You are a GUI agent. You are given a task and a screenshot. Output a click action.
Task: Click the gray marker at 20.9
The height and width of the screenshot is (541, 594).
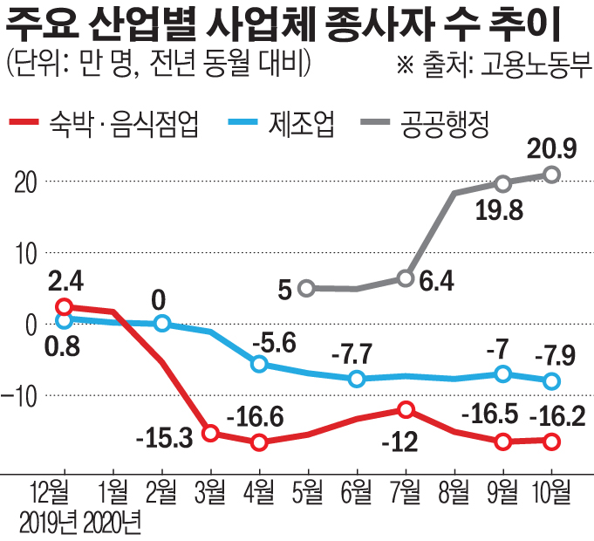coord(551,175)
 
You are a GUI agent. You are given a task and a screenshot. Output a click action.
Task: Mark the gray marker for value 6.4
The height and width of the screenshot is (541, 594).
coord(405,278)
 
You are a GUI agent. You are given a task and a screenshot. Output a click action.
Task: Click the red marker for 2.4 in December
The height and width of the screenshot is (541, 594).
coord(63,306)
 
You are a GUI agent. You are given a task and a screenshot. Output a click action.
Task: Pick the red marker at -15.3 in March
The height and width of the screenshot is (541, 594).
coord(209,433)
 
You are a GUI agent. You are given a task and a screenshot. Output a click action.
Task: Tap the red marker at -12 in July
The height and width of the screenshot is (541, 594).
coord(405,409)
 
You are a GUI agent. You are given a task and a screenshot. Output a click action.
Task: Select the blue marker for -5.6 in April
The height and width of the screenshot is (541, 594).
coord(258,364)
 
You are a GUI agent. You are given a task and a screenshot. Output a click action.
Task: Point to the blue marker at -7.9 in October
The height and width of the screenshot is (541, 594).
coord(551,380)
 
